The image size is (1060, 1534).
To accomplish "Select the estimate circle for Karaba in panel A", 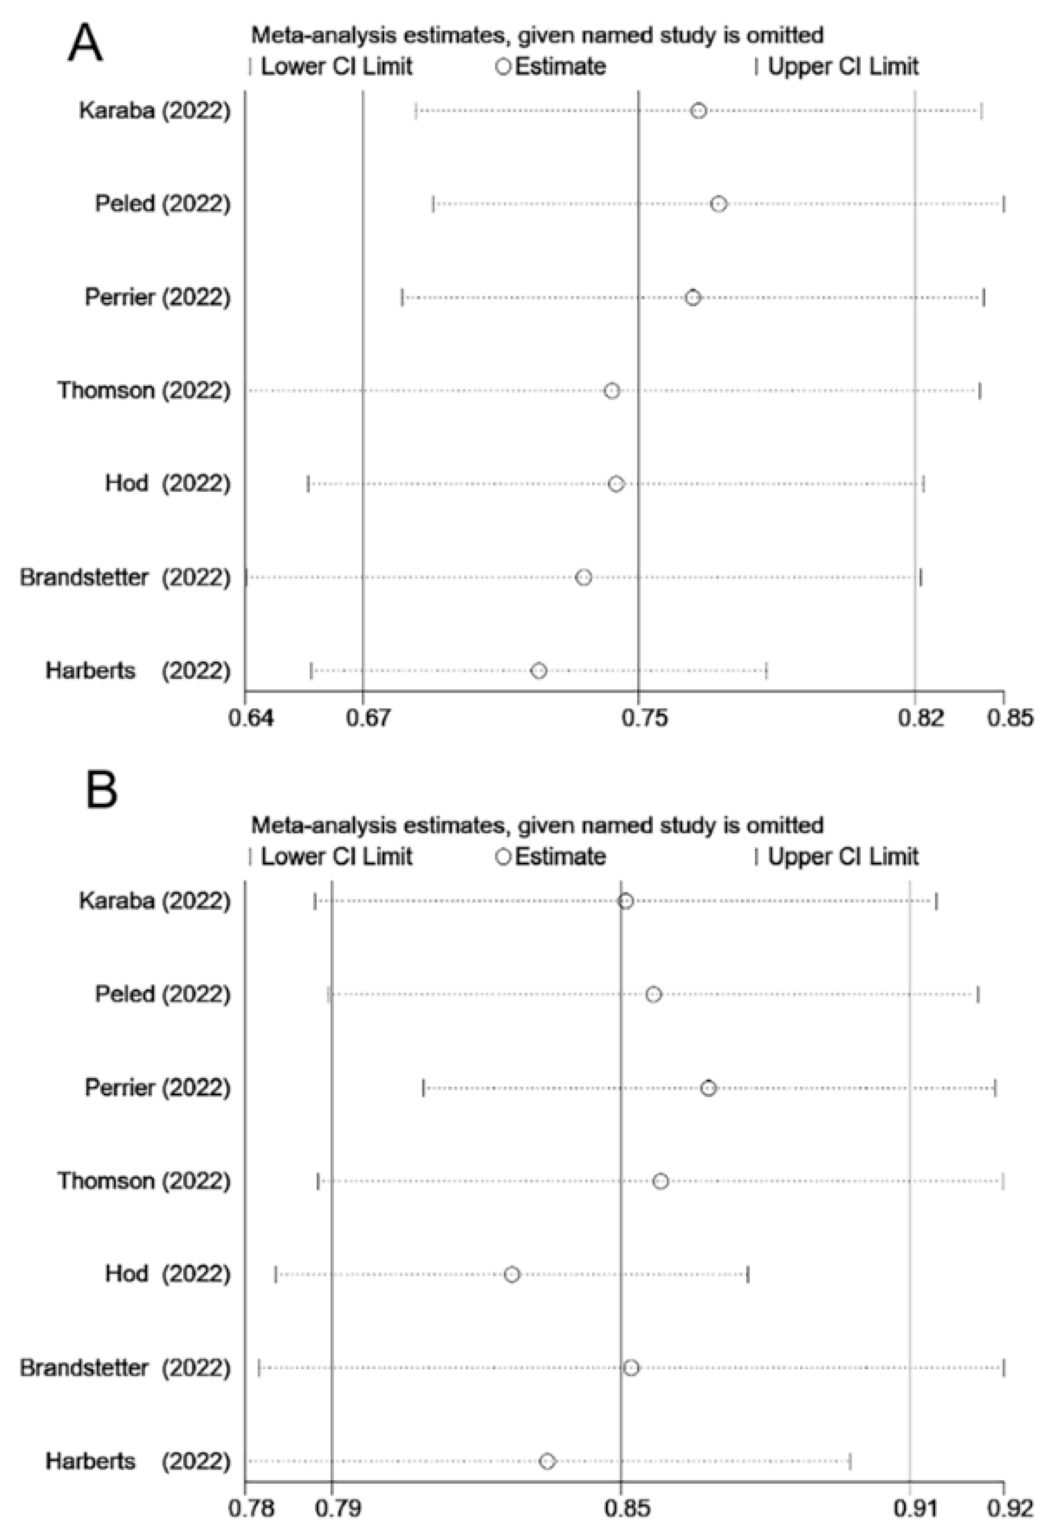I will click(698, 111).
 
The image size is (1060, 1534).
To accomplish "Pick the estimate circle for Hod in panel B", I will click(511, 1274).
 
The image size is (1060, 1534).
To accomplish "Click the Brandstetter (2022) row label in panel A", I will click(125, 577).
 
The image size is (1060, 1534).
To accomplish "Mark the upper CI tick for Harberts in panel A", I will click(766, 671).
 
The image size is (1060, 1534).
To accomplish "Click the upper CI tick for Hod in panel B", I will click(748, 1274).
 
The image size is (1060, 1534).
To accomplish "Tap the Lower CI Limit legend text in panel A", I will click(336, 66).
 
